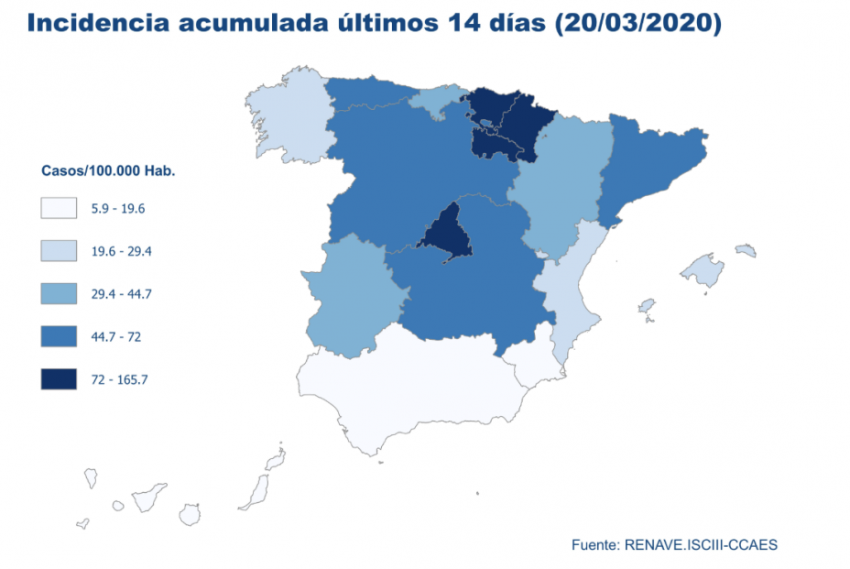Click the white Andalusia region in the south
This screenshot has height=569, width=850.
click(x=412, y=385)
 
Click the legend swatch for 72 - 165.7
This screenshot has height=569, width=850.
click(x=59, y=378)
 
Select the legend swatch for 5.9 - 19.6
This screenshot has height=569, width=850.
click(x=59, y=208)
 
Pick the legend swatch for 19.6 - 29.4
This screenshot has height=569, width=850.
click(x=59, y=251)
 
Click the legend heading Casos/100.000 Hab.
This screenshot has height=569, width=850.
click(x=108, y=171)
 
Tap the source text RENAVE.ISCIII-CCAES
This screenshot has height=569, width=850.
click(x=701, y=544)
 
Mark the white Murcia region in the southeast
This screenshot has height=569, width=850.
click(x=532, y=362)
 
